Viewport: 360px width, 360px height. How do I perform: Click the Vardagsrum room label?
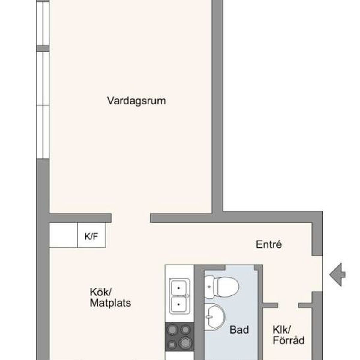[x=136, y=101]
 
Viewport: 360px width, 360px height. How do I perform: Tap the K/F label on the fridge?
[x=91, y=236]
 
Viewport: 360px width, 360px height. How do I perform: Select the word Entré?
[x=269, y=244]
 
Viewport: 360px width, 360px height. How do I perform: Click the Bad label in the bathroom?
[x=239, y=330]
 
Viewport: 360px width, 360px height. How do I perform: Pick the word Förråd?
[x=289, y=340]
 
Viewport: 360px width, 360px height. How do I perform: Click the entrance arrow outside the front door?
[x=337, y=274]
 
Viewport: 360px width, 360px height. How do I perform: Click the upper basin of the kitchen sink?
[x=179, y=288]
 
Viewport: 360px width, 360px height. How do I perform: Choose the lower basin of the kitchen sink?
[x=179, y=304]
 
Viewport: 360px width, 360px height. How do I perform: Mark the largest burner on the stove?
[x=185, y=342]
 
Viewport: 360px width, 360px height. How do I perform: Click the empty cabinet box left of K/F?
[x=63, y=235]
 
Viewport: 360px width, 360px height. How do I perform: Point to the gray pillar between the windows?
[x=43, y=49]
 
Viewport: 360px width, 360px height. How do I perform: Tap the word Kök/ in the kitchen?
[x=101, y=292]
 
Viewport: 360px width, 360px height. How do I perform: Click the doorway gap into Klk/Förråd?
[x=288, y=305]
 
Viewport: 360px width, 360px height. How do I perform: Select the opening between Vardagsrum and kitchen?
[x=131, y=218]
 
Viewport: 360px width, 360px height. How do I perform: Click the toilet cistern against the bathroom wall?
[x=209, y=287]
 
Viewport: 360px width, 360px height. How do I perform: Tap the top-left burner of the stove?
[x=172, y=330]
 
